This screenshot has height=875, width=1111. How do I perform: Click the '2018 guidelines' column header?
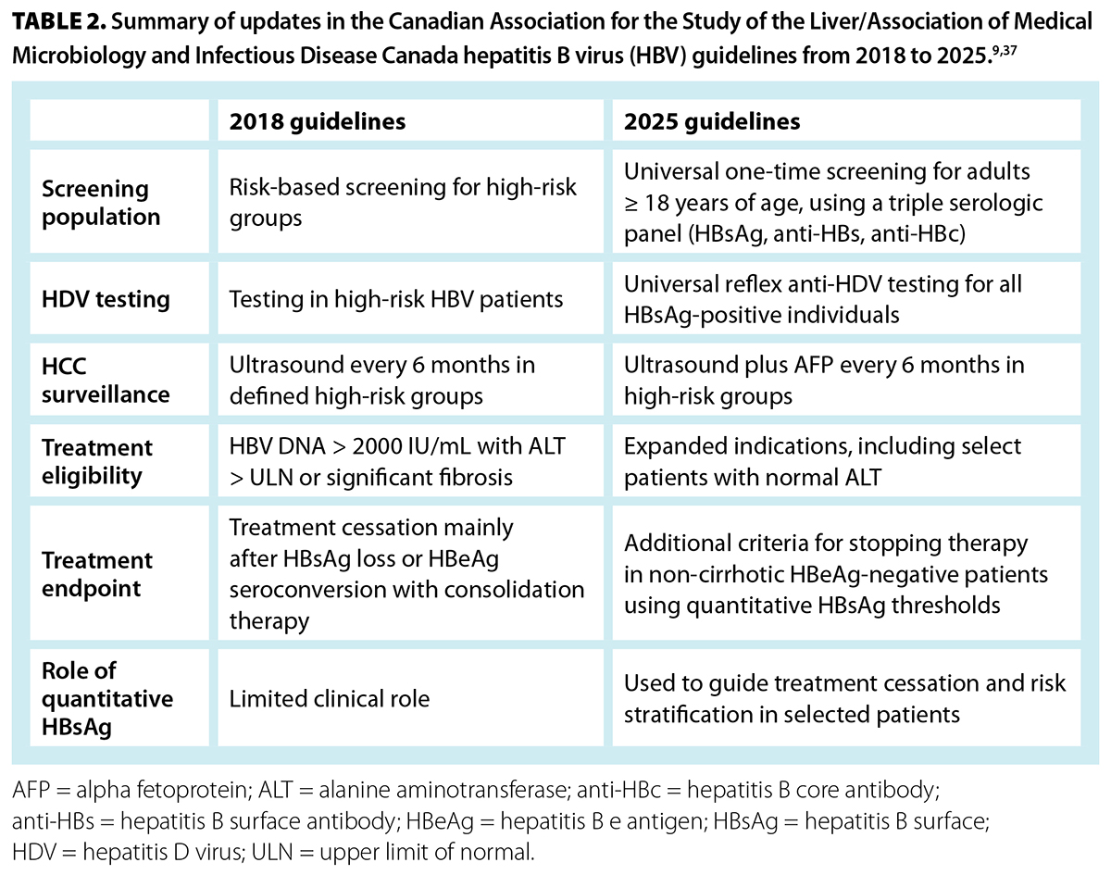(x=317, y=122)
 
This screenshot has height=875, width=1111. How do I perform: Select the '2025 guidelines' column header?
(x=711, y=122)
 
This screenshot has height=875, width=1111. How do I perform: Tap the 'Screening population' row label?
(x=101, y=203)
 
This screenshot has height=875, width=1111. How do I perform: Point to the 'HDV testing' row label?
(x=106, y=299)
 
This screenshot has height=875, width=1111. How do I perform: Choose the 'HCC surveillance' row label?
(x=106, y=381)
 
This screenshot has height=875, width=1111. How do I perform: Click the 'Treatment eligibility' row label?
(x=97, y=461)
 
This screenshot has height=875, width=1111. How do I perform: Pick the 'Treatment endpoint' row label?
(x=97, y=574)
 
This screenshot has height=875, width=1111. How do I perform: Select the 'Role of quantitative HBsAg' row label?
(x=107, y=698)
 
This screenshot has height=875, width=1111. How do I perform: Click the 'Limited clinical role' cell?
(x=330, y=699)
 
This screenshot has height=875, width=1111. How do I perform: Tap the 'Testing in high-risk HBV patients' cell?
(x=396, y=299)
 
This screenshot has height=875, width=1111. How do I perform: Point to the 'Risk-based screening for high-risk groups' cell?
(x=403, y=203)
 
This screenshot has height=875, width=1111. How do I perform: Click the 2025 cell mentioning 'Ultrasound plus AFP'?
(x=824, y=381)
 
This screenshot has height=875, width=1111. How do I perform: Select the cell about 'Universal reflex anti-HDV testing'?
(x=822, y=299)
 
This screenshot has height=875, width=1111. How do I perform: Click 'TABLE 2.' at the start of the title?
(x=59, y=21)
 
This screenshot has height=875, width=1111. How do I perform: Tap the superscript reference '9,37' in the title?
(x=1005, y=51)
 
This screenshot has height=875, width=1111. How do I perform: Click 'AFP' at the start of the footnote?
(x=31, y=790)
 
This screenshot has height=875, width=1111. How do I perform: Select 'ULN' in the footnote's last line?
(x=272, y=852)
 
